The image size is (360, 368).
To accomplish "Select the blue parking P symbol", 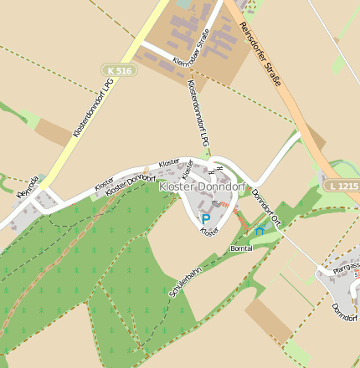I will point(206,220).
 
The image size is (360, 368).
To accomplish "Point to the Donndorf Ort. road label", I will point(265,207).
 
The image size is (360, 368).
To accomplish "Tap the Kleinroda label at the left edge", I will point(27,187).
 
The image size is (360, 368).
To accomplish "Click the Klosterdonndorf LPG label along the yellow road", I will point(93,108).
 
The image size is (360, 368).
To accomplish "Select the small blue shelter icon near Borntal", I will point(260,228).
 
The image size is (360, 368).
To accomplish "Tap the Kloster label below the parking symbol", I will point(209,230).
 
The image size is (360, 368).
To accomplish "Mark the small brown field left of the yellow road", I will point(54,132).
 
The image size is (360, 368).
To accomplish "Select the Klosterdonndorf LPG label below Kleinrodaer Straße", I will point(198,114).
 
